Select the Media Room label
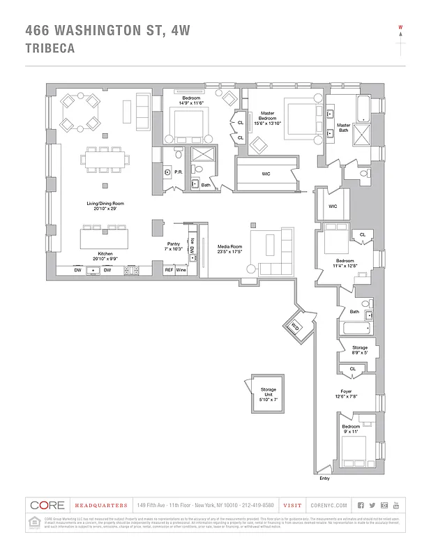(x=230, y=248)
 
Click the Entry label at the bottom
(x=324, y=478)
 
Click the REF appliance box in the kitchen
(x=169, y=269)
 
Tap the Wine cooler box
(x=181, y=269)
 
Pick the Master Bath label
(x=343, y=128)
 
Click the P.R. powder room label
(x=178, y=172)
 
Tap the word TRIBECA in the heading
(x=51, y=49)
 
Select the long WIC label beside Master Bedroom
(x=266, y=174)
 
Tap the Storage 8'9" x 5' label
(x=359, y=349)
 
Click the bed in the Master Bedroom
(x=301, y=114)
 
